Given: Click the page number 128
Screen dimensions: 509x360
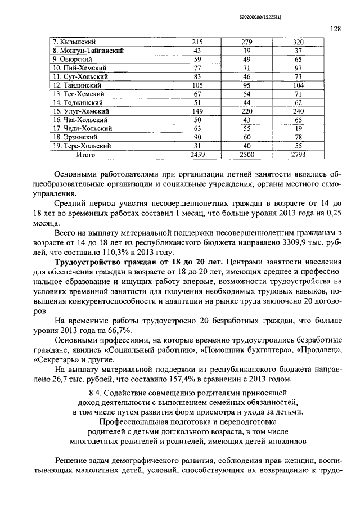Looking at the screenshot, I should coord(336,29).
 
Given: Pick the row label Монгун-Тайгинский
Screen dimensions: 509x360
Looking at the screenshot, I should coord(87,51).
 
